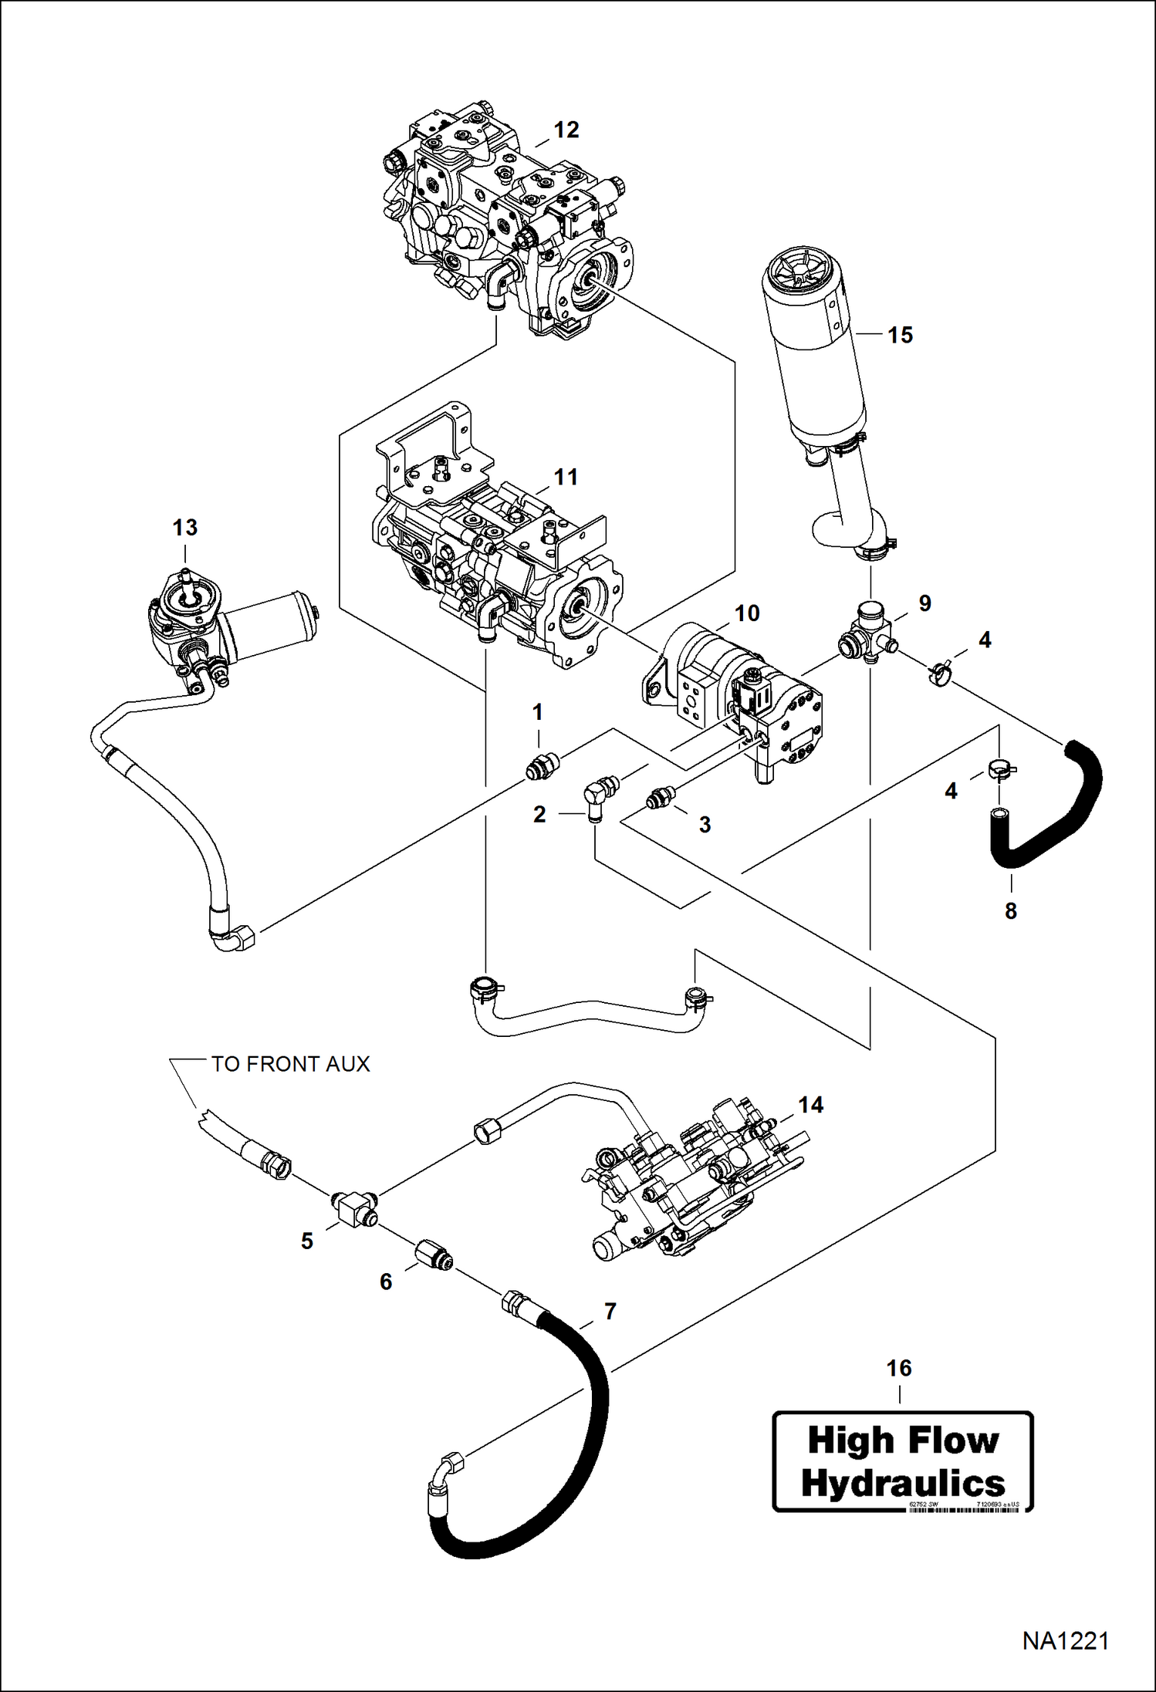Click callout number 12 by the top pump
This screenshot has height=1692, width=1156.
click(566, 130)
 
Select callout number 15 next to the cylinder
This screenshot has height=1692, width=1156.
click(899, 335)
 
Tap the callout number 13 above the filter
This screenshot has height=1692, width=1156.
click(184, 528)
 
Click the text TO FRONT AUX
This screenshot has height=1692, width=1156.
click(290, 1064)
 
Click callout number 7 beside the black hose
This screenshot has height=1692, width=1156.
click(610, 1312)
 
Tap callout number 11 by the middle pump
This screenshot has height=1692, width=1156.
click(566, 478)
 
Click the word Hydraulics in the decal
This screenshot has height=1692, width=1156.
click(902, 1484)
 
